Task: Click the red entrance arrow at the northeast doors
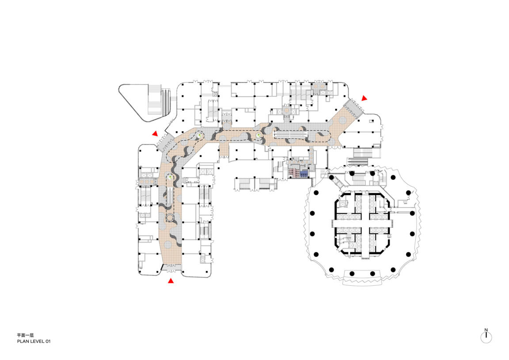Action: [x=365, y=98]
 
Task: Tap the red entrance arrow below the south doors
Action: [x=171, y=281]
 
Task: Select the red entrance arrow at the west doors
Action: [x=155, y=133]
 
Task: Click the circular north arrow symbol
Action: [x=486, y=337]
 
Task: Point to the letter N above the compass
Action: [x=486, y=330]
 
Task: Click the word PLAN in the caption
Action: [x=23, y=341]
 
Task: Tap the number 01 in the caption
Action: [x=48, y=341]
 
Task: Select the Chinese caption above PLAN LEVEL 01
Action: [x=25, y=335]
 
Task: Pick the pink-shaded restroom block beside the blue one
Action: [x=293, y=173]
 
